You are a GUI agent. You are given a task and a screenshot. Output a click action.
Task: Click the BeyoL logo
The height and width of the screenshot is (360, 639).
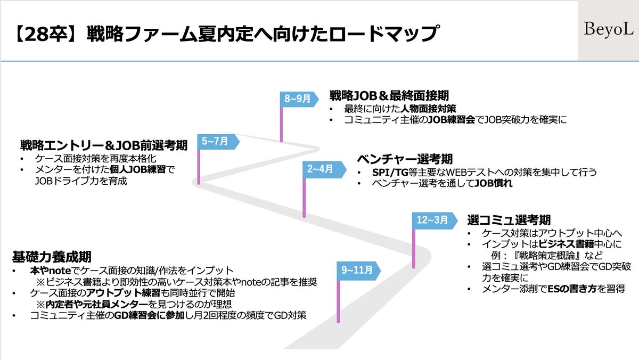click(608, 30)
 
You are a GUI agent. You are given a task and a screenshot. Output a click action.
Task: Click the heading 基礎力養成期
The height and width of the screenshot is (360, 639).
click(52, 257)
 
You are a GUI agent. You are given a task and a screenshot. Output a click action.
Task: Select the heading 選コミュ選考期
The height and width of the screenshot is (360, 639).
click(509, 219)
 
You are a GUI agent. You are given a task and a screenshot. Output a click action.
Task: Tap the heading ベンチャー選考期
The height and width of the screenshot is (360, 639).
click(405, 159)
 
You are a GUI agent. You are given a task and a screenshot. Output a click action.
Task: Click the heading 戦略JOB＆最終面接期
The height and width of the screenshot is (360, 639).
click(389, 95)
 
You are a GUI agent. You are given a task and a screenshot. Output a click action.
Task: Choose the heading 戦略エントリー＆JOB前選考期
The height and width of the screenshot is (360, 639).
click(103, 145)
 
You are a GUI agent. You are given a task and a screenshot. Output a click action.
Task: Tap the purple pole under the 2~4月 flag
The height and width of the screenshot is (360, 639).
click(304, 197)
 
